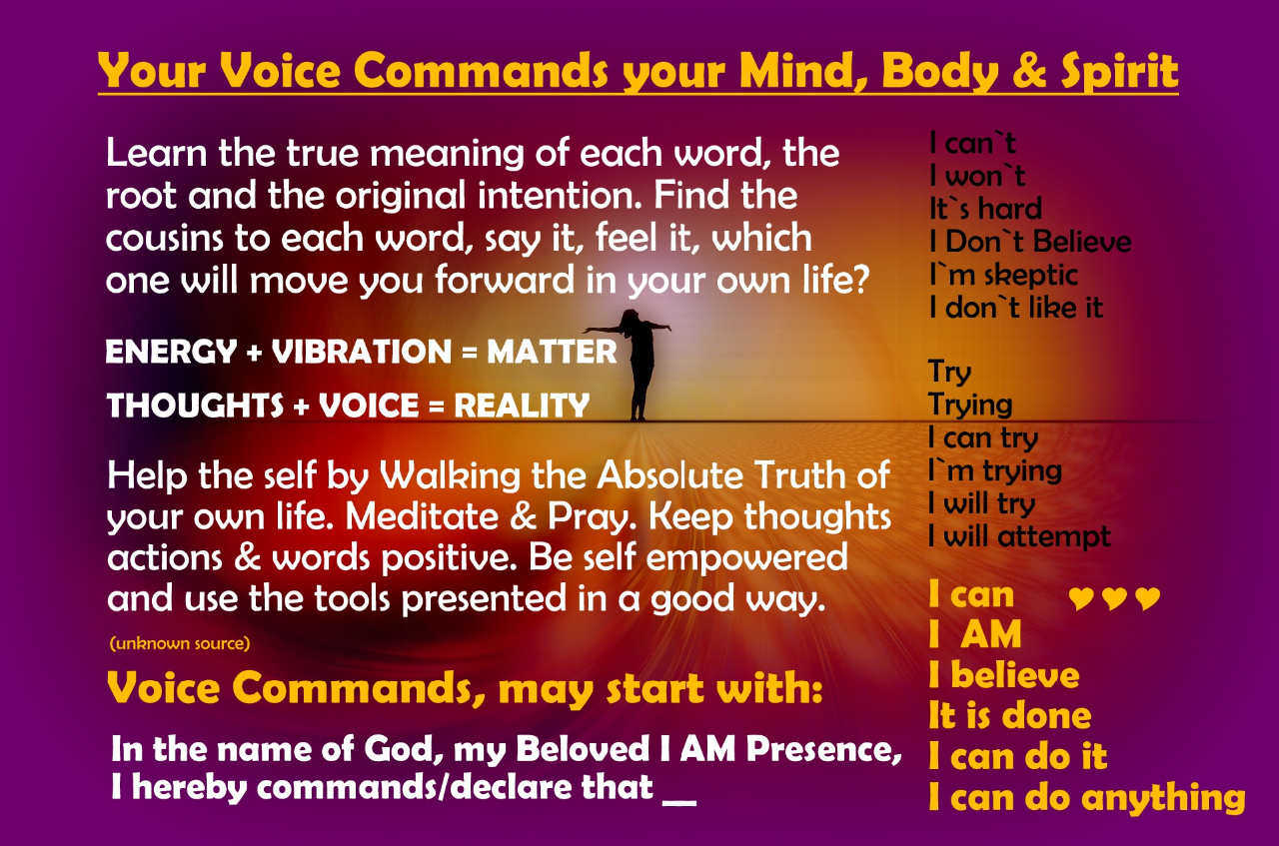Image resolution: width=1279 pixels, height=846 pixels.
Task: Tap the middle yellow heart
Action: click(1114, 598)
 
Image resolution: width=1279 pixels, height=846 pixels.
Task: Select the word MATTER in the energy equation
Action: click(552, 351)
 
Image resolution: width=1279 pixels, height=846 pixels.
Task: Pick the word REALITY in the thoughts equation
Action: click(522, 406)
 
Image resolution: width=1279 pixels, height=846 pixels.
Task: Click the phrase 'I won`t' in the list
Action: click(977, 175)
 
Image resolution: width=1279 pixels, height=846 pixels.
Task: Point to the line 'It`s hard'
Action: click(985, 209)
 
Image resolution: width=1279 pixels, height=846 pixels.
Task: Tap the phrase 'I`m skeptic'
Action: click(1003, 275)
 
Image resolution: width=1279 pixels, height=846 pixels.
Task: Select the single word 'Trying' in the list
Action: click(970, 405)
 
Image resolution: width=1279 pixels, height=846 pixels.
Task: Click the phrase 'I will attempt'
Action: click(1019, 536)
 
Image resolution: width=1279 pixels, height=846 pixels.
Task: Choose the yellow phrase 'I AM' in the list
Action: click(975, 634)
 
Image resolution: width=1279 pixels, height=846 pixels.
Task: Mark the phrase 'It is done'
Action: click(1009, 715)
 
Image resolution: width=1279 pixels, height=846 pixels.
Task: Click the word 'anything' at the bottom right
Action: click(1164, 797)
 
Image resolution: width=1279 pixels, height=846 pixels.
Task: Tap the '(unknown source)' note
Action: click(180, 643)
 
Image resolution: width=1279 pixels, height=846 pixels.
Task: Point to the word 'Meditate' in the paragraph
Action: click(422, 516)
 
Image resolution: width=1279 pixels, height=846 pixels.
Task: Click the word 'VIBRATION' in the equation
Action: click(362, 351)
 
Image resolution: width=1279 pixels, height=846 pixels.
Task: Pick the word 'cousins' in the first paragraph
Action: click(164, 238)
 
